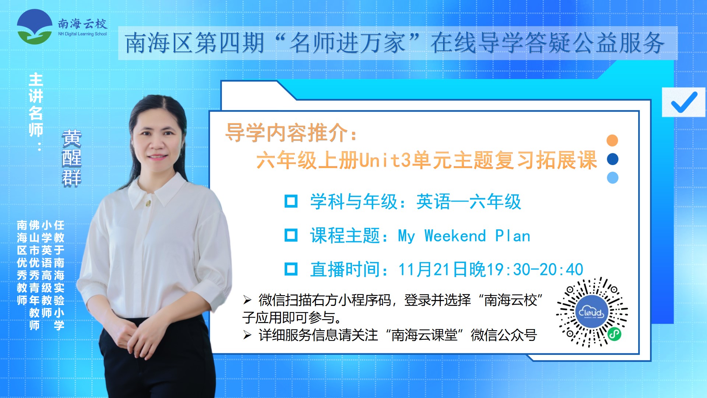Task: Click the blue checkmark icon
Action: (684, 102)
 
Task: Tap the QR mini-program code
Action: (592, 312)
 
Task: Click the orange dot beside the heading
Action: (612, 140)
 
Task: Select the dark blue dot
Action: (612, 159)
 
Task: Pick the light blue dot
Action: (612, 178)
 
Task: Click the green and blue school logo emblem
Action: (35, 27)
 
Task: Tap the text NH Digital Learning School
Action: (82, 34)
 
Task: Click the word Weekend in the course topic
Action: (455, 236)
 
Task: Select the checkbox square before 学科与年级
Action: (291, 201)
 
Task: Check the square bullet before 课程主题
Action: (291, 235)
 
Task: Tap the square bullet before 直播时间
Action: (291, 269)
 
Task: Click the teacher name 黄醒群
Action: (71, 158)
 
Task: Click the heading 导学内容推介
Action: (287, 133)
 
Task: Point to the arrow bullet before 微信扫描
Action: (247, 300)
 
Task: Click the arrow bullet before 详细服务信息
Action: (247, 335)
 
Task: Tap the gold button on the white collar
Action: (148, 203)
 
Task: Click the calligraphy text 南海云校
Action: (82, 24)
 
